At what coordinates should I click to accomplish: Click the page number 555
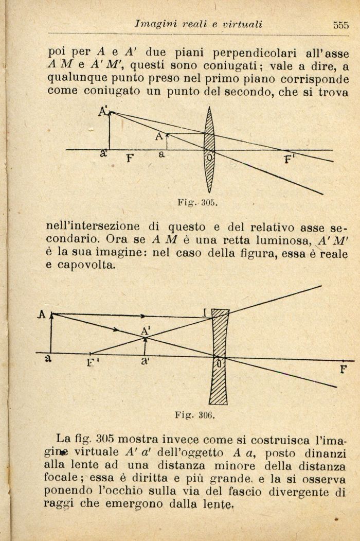340,24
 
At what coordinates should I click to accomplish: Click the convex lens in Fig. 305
209,149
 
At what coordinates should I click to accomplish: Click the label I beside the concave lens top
205,312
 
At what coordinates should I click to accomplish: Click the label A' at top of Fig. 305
103,112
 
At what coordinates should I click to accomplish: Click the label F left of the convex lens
130,159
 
